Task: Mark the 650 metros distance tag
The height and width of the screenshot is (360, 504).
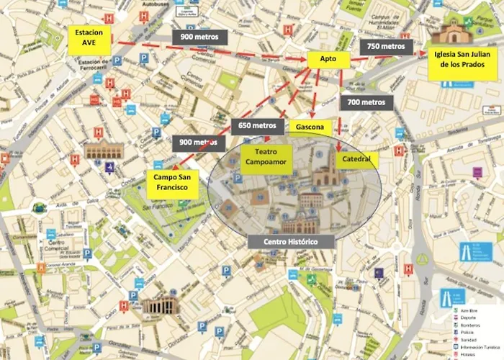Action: tap(256, 125)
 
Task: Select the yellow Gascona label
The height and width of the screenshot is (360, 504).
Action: tap(309, 128)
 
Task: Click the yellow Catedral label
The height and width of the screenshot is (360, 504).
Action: tap(356, 159)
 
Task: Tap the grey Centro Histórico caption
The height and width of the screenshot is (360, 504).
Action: tap(290, 241)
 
